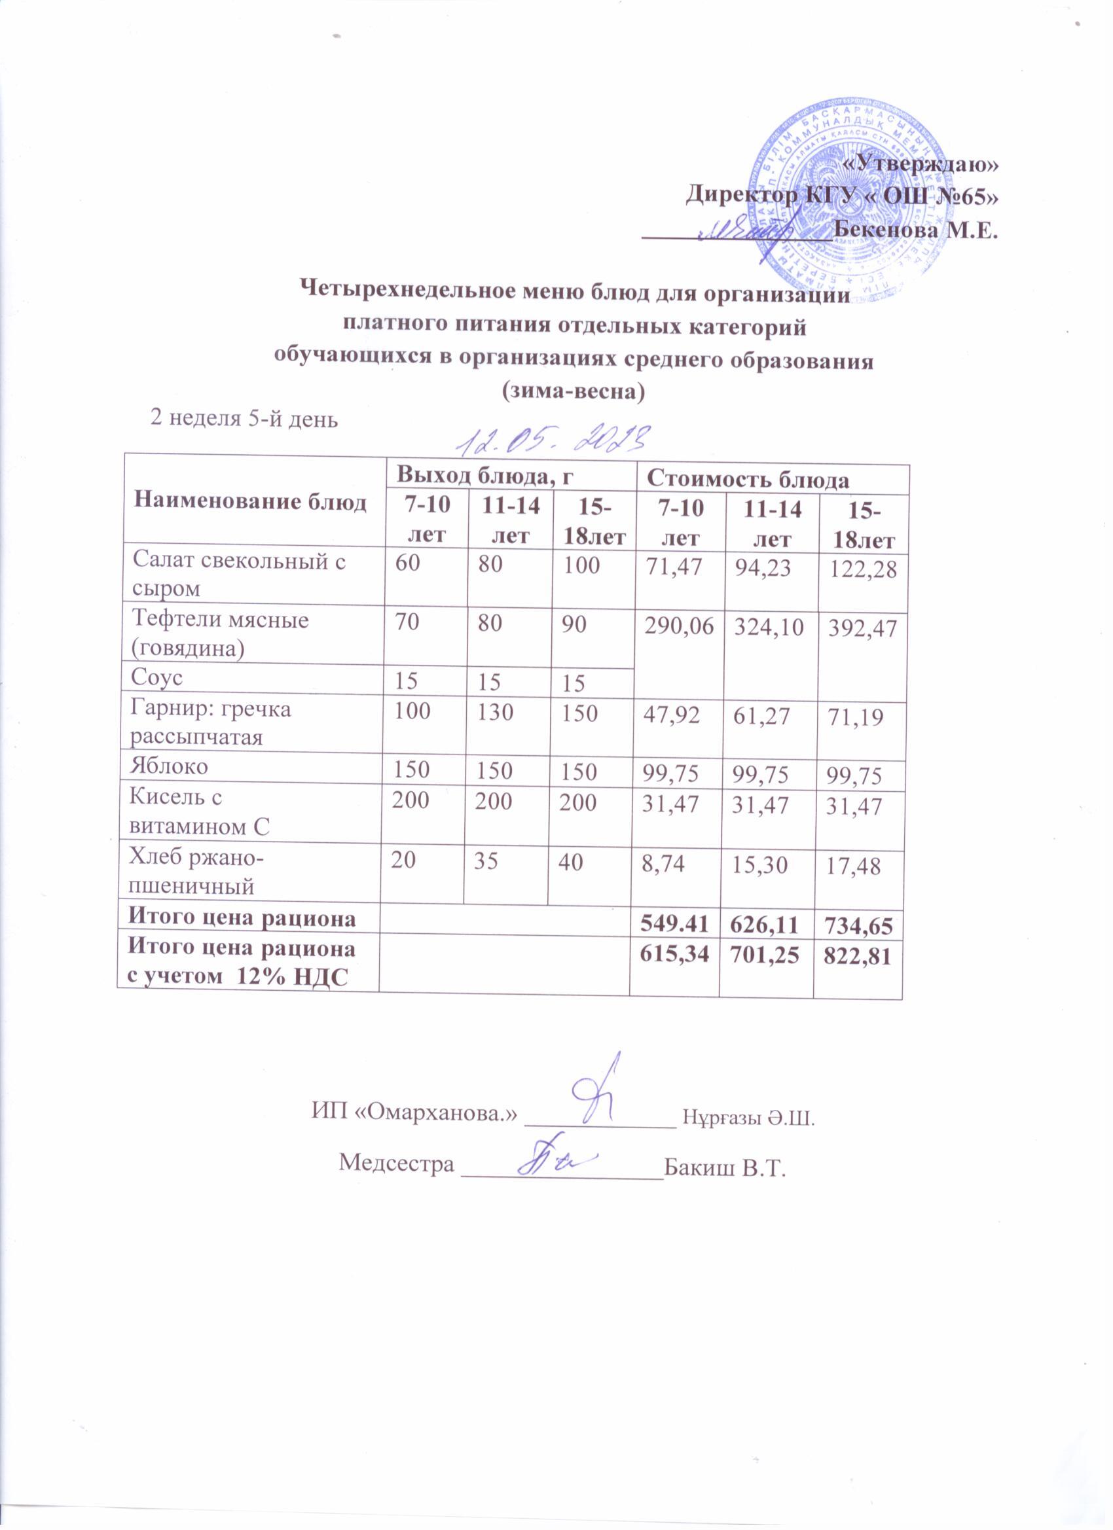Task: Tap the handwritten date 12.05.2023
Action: click(553, 440)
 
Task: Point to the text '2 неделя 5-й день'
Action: click(242, 419)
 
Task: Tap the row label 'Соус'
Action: click(158, 677)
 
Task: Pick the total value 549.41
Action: click(673, 919)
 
